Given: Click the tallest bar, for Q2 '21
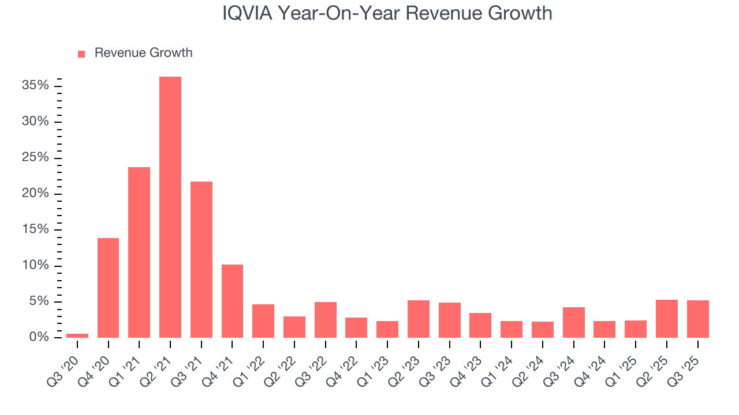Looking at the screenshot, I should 170,207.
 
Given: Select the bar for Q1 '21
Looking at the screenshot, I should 139,252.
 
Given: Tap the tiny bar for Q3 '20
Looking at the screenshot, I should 77,335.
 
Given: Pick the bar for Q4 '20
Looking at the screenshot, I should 108,288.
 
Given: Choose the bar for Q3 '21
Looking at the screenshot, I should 201,259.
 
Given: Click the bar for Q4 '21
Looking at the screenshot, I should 232,301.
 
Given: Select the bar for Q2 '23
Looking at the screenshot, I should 419,319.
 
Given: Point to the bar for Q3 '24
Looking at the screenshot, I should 573,322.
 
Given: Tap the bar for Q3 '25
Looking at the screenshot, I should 697,319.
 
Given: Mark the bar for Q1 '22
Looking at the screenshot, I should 263,320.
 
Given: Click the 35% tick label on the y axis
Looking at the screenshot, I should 35,86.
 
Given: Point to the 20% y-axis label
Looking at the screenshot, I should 35,194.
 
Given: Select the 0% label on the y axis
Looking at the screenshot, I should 39,337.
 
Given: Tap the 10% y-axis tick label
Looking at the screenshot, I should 35,266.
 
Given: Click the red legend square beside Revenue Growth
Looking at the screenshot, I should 81,54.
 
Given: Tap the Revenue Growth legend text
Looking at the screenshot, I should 143,53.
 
